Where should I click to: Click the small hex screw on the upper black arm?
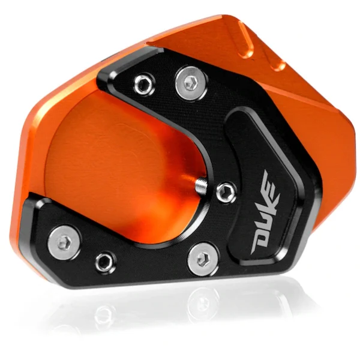tap(143, 82)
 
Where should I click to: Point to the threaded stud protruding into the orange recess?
tap(201, 184)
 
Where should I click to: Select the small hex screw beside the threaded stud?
tap(227, 192)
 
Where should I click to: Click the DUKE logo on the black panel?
tap(266, 211)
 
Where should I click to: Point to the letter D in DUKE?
tap(260, 244)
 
